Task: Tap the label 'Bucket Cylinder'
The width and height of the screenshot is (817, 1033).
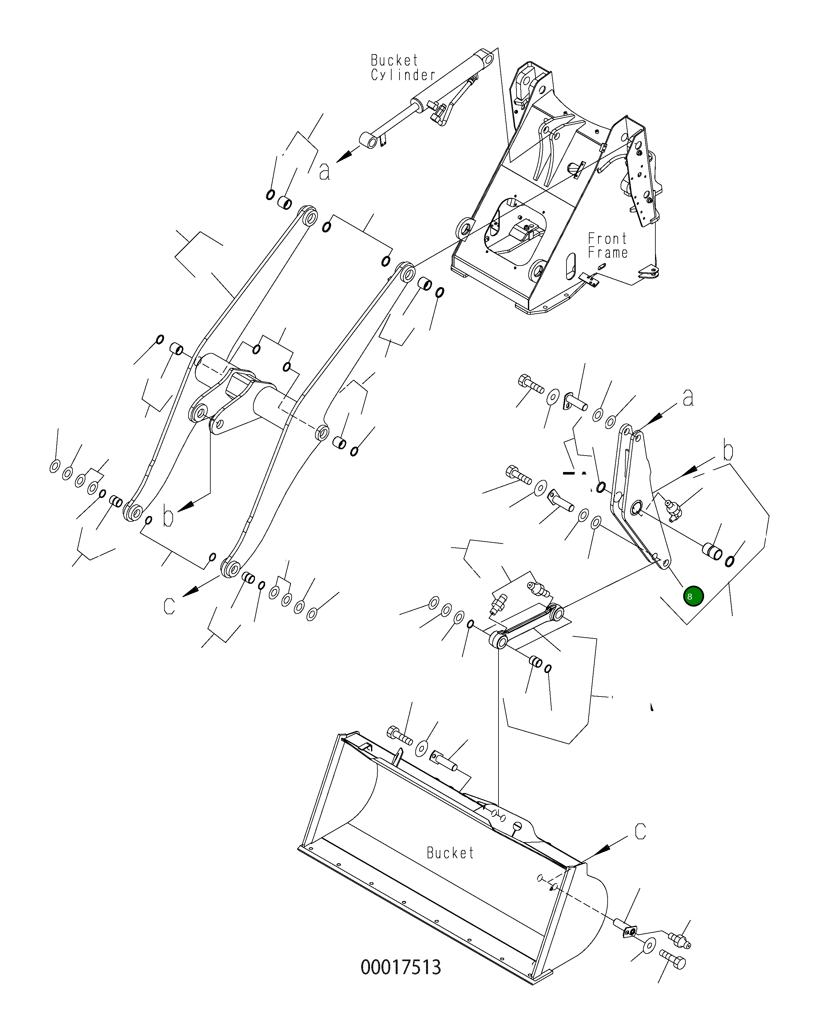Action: (x=403, y=67)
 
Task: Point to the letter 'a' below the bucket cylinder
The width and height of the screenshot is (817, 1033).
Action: (x=324, y=171)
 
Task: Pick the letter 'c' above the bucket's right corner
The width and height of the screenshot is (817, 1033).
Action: (x=640, y=831)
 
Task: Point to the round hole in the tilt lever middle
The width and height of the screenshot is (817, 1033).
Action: (x=636, y=507)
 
